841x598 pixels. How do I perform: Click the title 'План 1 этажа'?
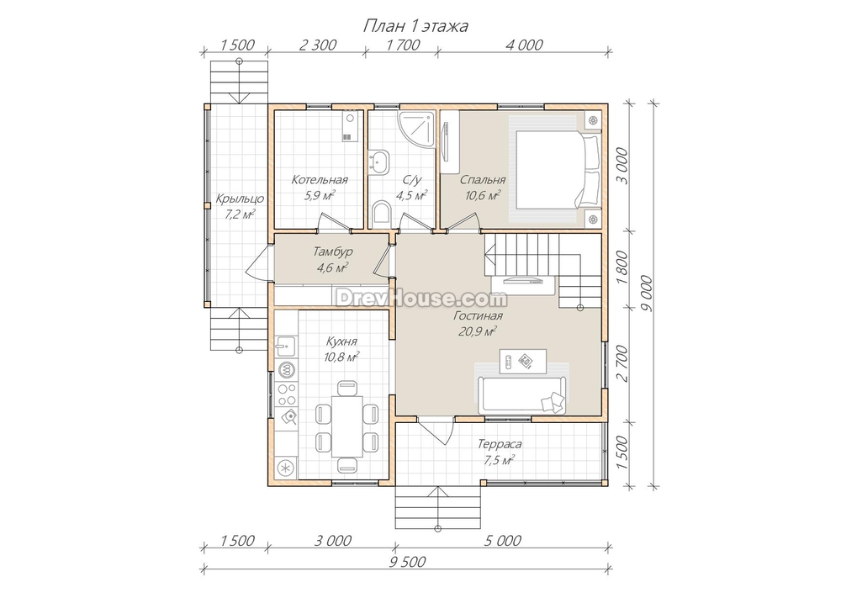(x=415, y=26)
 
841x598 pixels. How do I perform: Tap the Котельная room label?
(x=320, y=180)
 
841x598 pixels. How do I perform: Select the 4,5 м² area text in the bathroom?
(x=411, y=195)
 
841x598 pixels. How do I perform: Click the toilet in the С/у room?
(x=381, y=212)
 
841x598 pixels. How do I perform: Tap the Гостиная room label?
(x=478, y=316)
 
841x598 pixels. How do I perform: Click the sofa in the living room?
(x=522, y=394)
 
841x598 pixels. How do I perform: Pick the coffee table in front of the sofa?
(x=523, y=362)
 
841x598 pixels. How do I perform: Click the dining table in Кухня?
(x=346, y=426)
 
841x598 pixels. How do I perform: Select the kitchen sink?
(x=287, y=347)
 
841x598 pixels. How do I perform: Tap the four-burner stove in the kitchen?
(x=287, y=394)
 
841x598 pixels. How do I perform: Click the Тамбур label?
(x=333, y=251)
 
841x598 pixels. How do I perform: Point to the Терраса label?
(x=500, y=444)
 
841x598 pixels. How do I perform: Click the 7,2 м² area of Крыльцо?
(x=240, y=214)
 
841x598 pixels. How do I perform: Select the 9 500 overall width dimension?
(x=407, y=562)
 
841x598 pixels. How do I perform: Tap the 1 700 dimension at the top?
(x=403, y=45)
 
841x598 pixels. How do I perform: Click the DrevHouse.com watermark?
(x=421, y=299)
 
